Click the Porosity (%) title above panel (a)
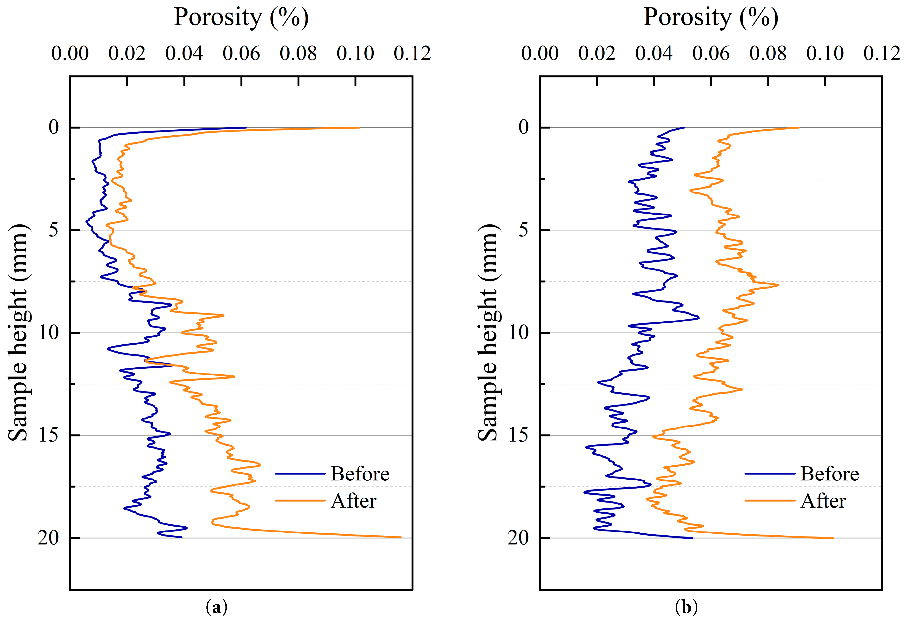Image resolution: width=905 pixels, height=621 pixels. [x=241, y=18]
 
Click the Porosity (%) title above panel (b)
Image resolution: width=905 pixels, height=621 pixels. [x=711, y=18]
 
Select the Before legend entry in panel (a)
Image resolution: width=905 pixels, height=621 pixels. [x=360, y=474]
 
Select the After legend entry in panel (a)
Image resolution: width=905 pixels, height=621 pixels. [x=354, y=501]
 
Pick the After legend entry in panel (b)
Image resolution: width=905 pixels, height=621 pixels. [x=823, y=501]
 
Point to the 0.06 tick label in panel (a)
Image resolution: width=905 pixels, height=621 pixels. [x=241, y=53]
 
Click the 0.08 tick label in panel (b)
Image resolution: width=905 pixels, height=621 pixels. [x=768, y=53]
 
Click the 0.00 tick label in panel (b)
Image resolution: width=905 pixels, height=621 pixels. [x=540, y=53]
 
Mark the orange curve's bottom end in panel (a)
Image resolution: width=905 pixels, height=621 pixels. [x=401, y=537]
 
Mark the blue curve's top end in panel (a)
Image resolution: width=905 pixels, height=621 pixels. [x=246, y=127]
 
